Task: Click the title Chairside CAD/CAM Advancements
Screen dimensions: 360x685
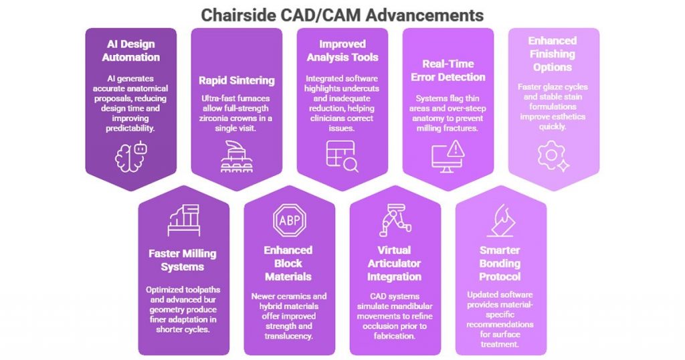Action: pos(342,14)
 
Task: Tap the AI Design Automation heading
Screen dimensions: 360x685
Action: pos(131,51)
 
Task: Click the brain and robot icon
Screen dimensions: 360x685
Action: pos(131,156)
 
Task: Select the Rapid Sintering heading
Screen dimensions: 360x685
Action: pos(236,80)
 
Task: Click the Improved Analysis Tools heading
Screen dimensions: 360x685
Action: pos(342,51)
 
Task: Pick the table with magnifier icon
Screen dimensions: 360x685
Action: pos(342,156)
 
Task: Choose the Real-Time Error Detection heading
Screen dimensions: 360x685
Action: pos(448,70)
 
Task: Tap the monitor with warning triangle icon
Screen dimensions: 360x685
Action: pos(448,156)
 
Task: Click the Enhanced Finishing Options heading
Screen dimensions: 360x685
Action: pos(553,54)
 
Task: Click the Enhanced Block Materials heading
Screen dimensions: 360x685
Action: pos(289,263)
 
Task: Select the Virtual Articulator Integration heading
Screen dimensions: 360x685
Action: pos(395,263)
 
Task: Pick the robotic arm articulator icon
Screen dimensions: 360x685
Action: pos(395,218)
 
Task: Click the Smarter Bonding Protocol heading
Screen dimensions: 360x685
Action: pos(500,263)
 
